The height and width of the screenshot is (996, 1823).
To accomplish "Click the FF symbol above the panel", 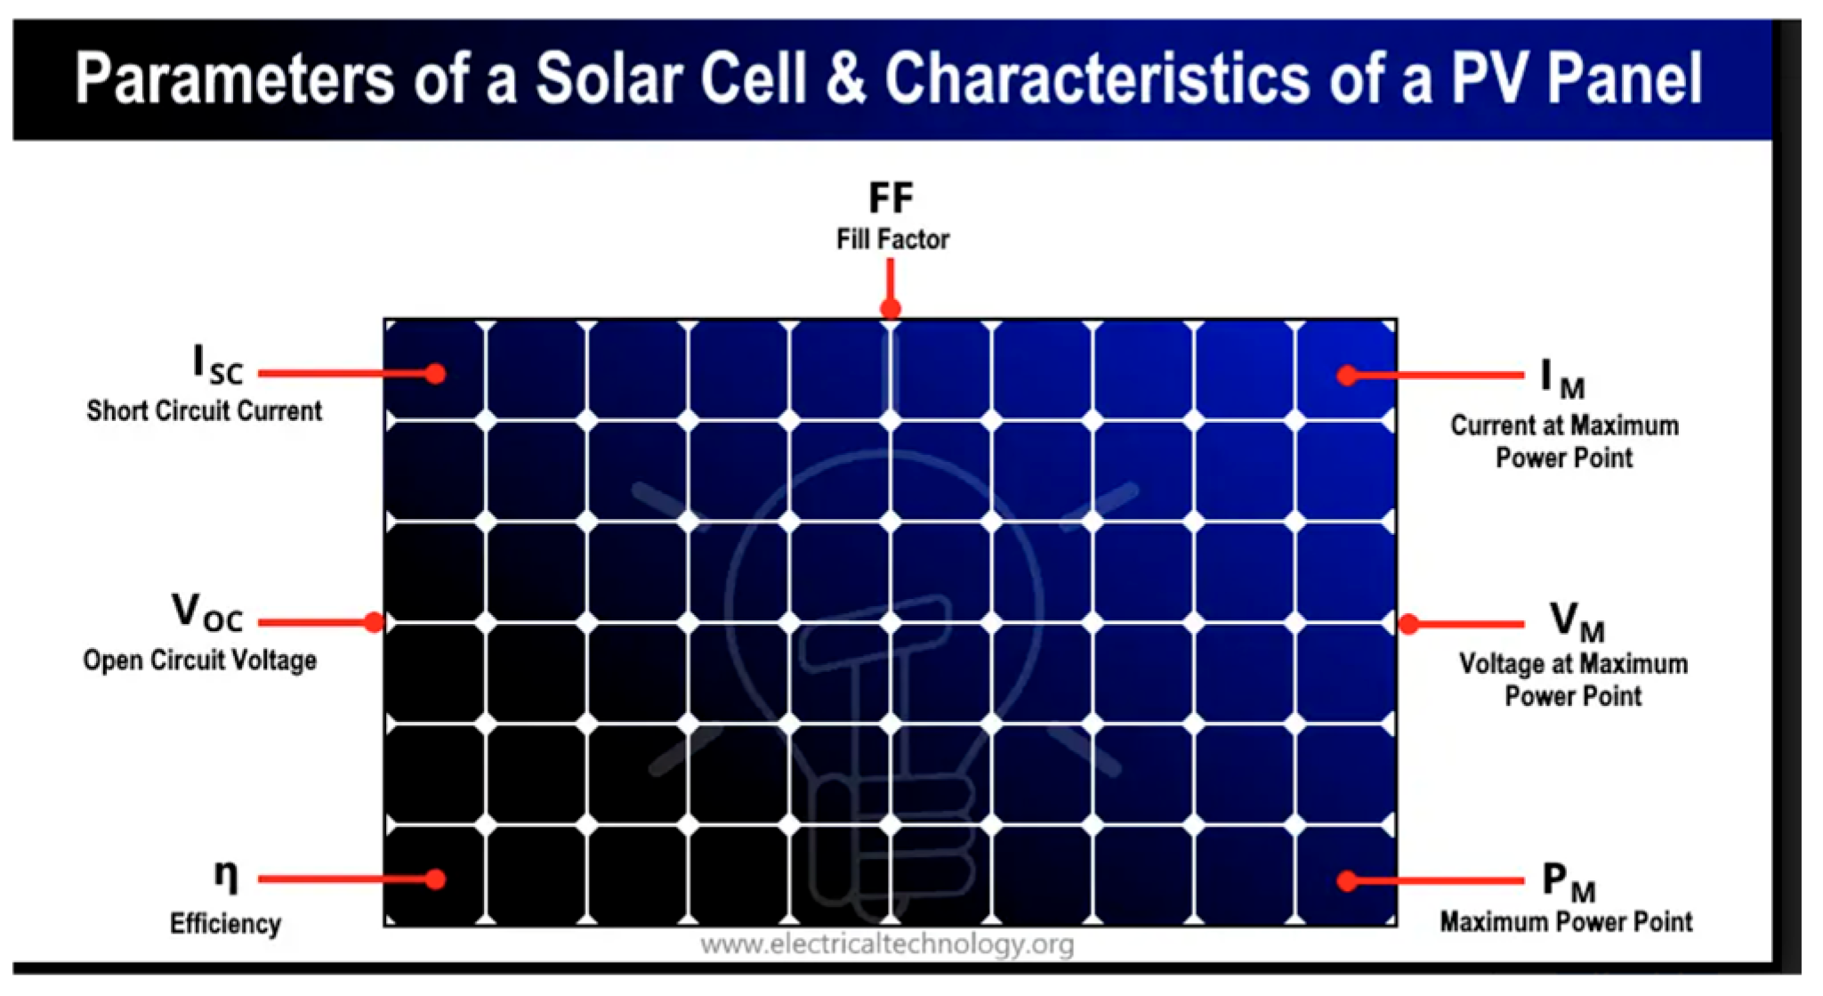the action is pyautogui.click(x=891, y=198).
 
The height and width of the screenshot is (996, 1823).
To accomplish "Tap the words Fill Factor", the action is pyautogui.click(x=892, y=239).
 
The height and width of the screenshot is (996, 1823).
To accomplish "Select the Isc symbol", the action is pyautogui.click(x=218, y=366).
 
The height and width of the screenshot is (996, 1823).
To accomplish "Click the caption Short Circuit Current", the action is pyautogui.click(x=204, y=411).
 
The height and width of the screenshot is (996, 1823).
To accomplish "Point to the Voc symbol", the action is pyautogui.click(x=207, y=612).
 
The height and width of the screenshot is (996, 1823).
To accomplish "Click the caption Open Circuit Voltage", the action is pyautogui.click(x=200, y=660).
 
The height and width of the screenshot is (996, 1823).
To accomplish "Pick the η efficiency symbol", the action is pyautogui.click(x=226, y=876).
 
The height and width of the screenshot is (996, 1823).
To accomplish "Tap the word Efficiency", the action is pyautogui.click(x=225, y=924).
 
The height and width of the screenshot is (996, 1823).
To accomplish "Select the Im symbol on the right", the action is pyautogui.click(x=1562, y=379).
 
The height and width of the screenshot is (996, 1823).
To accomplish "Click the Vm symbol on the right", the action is pyautogui.click(x=1577, y=621).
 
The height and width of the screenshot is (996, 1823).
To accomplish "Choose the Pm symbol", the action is pyautogui.click(x=1569, y=882).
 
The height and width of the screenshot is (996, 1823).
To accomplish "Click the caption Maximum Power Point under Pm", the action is pyautogui.click(x=1566, y=921).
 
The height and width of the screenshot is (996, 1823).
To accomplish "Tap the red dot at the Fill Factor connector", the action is pyautogui.click(x=891, y=309).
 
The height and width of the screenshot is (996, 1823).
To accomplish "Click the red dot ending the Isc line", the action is pyautogui.click(x=435, y=374).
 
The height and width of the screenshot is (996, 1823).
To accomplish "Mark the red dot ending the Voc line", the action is pyautogui.click(x=375, y=622).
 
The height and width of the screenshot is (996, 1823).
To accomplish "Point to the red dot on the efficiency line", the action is pyautogui.click(x=435, y=879).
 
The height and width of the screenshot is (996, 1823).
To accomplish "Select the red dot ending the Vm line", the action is pyautogui.click(x=1409, y=624).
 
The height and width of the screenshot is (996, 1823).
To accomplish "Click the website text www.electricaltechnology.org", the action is pyautogui.click(x=887, y=943).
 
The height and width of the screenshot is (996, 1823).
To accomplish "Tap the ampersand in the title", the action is pyautogui.click(x=845, y=78).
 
